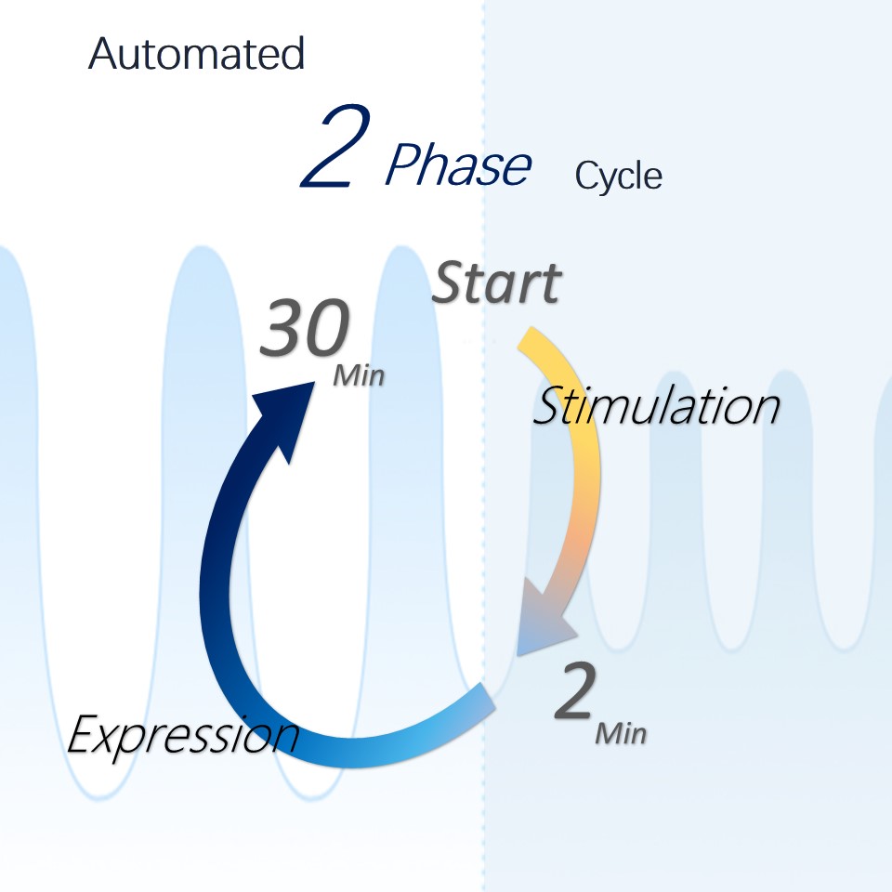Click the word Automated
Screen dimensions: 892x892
coord(196,54)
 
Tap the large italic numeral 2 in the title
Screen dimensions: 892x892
coord(336,146)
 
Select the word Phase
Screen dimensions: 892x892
coord(458,164)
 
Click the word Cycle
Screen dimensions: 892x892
coord(619,176)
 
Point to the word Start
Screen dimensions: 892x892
coord(496,282)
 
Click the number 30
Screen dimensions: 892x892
coord(305,328)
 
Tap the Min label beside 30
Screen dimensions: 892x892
coord(359,375)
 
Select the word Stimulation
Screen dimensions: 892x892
coord(656,405)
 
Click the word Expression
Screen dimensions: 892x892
coord(183,734)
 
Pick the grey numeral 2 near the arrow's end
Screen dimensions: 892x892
coord(576,690)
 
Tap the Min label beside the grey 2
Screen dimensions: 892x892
coord(621,734)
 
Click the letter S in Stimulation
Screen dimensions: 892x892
coord(549,405)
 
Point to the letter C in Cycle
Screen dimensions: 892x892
coord(586,176)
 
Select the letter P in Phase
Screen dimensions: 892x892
coord(404,164)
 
